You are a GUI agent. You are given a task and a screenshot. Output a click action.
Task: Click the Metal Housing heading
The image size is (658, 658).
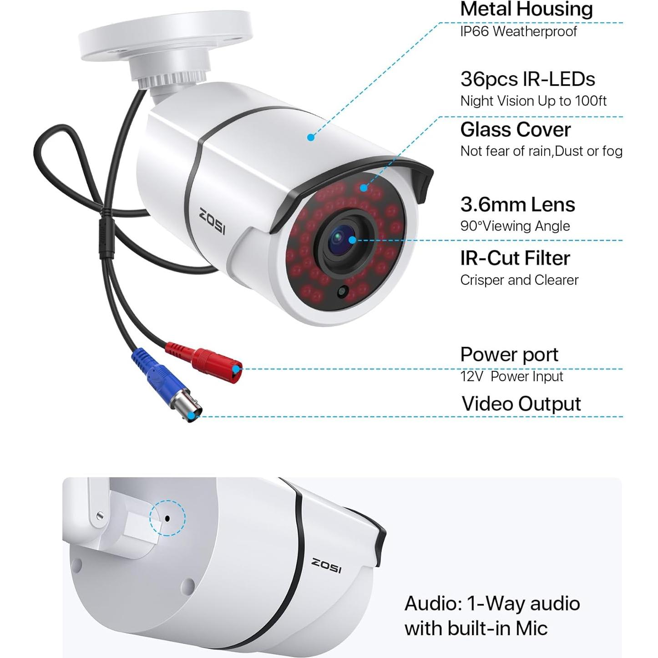(526, 9)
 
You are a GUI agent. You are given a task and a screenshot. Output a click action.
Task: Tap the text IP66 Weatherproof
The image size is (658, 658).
(518, 31)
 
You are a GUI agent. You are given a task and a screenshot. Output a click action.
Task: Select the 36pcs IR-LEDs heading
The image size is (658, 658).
(527, 79)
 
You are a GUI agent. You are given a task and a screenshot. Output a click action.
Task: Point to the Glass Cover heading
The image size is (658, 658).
(515, 130)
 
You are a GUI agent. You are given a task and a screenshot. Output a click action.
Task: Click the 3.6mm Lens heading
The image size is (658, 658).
(517, 205)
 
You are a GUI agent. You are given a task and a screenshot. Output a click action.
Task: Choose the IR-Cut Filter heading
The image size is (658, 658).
(515, 258)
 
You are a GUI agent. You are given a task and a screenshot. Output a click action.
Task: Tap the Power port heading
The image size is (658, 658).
(509, 354)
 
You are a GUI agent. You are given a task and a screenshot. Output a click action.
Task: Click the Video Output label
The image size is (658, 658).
(521, 404)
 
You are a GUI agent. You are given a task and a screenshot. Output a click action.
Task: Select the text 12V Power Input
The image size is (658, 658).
(511, 376)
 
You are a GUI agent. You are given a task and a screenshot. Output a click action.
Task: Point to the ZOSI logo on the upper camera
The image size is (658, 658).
(212, 221)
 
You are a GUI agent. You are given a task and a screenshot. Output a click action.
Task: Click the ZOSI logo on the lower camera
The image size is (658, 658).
(326, 566)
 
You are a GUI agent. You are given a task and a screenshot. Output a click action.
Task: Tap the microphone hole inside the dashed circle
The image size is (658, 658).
(167, 518)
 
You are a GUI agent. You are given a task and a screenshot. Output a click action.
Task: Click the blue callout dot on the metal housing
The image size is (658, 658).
(311, 137)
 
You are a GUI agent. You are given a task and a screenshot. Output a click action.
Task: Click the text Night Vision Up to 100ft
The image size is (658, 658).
(533, 101)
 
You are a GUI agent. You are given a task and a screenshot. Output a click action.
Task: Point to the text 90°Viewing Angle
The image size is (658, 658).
(515, 226)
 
